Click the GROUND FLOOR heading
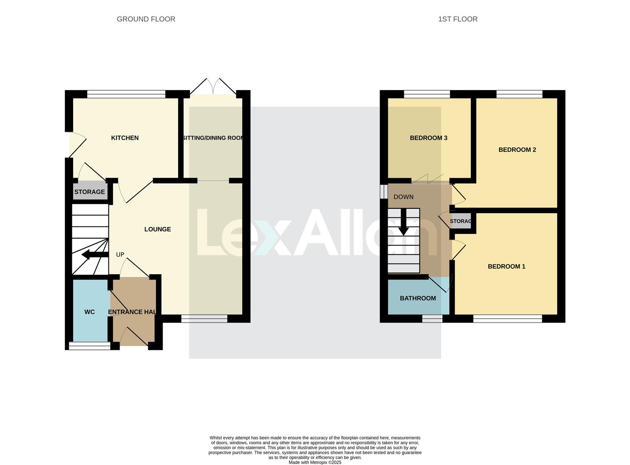tap(146, 19)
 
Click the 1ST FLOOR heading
tap(457, 19)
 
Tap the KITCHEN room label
tap(125, 138)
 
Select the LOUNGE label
tap(157, 229)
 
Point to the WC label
tap(90, 312)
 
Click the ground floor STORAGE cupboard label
tap(90, 192)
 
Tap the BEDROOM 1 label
tap(506, 266)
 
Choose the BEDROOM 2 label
tap(517, 150)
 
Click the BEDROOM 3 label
tap(428, 138)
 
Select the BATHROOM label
tap(417, 298)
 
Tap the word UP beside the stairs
tap(120, 254)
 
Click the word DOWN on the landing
tap(403, 197)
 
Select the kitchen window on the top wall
tap(126, 94)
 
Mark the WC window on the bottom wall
tap(90, 346)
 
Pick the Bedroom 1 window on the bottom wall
tap(507, 319)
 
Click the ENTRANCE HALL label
tap(132, 312)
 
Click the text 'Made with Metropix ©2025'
tap(315, 462)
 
